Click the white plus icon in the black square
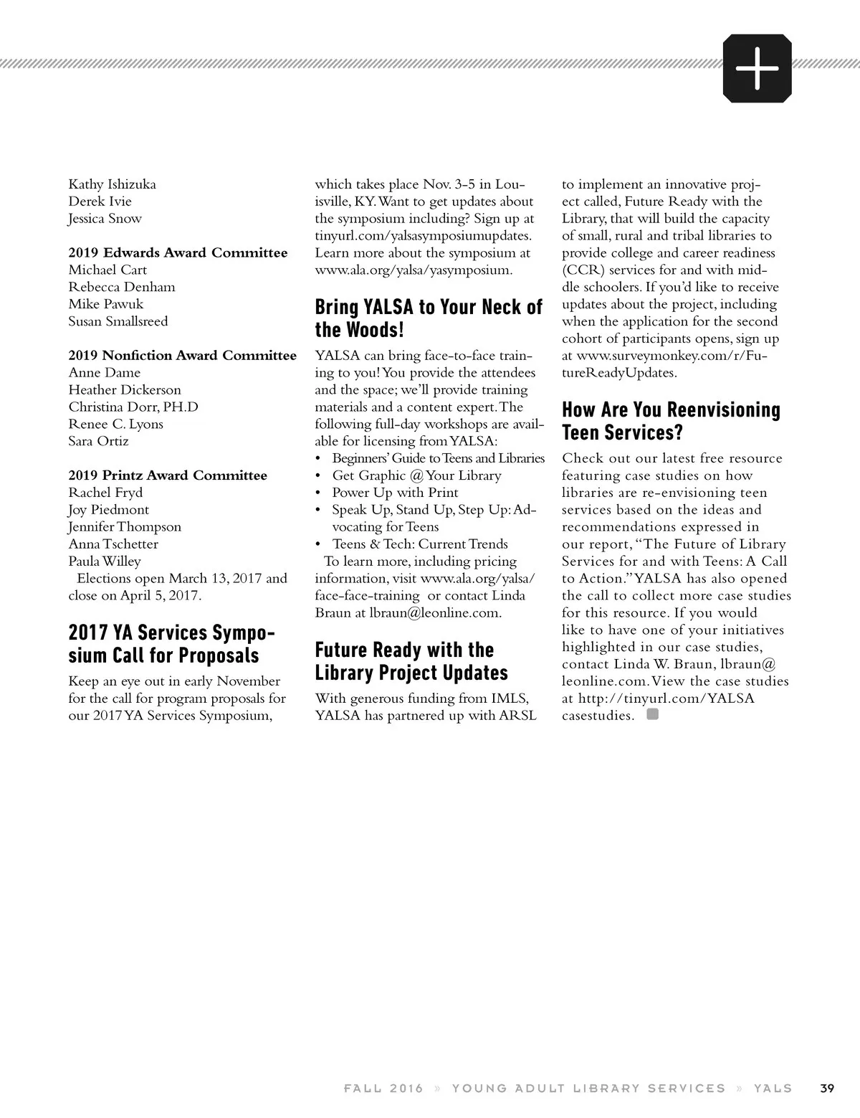tap(757, 68)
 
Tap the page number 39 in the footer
tap(827, 1088)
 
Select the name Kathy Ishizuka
tap(112, 184)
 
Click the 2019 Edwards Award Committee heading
tap(178, 252)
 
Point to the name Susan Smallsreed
tap(118, 321)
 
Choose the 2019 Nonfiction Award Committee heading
tap(182, 356)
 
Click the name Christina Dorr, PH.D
tap(133, 407)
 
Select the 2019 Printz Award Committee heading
tap(168, 475)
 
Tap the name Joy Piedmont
tap(109, 510)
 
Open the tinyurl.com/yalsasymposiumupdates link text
tap(424, 235)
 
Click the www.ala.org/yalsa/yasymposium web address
tap(414, 270)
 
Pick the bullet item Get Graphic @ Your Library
tap(416, 475)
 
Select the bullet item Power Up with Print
tap(395, 493)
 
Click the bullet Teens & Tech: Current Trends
tap(420, 544)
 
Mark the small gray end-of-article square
tap(652, 714)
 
